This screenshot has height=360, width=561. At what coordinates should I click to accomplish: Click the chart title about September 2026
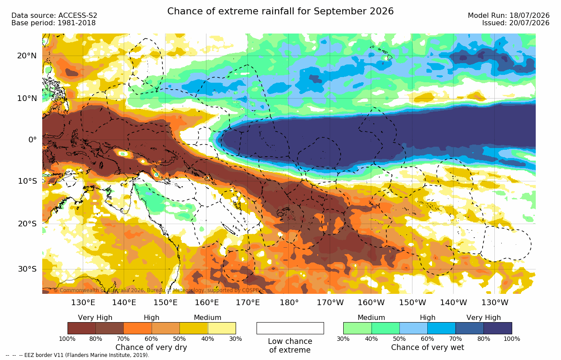[280, 11]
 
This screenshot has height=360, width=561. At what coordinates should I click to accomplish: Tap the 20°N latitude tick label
[27, 56]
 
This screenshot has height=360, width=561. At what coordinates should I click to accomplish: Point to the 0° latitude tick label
[32, 139]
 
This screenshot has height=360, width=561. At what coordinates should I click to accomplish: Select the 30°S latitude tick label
[27, 269]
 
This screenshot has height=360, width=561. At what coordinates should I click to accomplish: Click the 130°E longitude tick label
[83, 303]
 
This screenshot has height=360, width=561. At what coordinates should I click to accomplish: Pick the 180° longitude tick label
[289, 303]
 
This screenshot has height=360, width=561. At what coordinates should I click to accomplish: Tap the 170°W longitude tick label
[330, 303]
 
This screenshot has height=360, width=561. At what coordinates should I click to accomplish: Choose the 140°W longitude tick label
[453, 303]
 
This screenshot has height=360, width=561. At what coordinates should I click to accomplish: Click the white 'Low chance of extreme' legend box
[290, 328]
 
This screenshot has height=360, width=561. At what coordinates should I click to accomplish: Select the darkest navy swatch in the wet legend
[498, 328]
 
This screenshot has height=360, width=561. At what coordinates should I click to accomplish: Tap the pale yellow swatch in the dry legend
[222, 328]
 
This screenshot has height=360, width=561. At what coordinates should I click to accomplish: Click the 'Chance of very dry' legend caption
[151, 347]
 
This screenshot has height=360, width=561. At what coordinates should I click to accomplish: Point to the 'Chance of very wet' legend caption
[428, 347]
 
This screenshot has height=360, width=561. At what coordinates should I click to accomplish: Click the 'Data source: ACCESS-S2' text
[54, 16]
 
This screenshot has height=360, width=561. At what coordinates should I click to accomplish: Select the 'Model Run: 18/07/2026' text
[508, 16]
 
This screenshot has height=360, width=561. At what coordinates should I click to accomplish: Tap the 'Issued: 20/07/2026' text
[516, 23]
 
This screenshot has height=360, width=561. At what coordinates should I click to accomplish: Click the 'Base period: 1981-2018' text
[53, 23]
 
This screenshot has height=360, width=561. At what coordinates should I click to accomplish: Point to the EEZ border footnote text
[77, 355]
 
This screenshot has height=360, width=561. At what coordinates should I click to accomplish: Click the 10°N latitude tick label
[27, 98]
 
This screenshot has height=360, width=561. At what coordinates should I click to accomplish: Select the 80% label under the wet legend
[483, 339]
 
